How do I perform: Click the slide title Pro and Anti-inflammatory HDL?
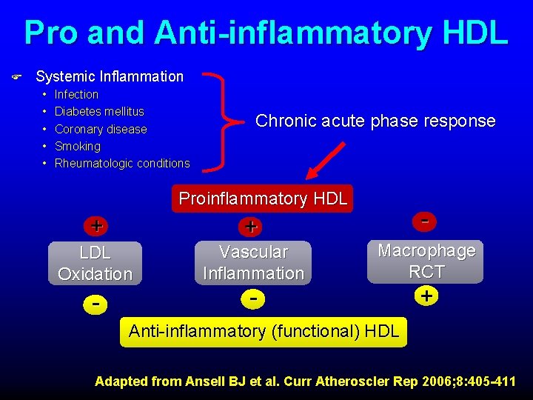click(x=266, y=33)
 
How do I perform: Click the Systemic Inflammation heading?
click(x=109, y=76)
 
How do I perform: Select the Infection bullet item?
click(x=76, y=94)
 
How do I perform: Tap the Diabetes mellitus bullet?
click(x=99, y=112)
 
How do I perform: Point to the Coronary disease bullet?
click(x=101, y=129)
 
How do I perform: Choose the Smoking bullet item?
click(x=78, y=146)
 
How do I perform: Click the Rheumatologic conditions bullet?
click(x=122, y=163)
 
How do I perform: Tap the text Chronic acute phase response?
click(x=375, y=121)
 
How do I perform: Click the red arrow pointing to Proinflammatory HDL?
click(x=326, y=160)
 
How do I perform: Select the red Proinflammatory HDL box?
click(x=263, y=199)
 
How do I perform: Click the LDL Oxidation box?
click(x=95, y=263)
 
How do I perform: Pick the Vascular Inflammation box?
click(x=253, y=263)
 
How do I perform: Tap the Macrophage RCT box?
click(x=426, y=261)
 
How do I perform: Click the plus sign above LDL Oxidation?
click(x=96, y=224)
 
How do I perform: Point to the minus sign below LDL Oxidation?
click(x=95, y=303)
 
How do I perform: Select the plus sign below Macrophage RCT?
click(x=426, y=296)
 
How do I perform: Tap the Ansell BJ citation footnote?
click(x=305, y=381)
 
